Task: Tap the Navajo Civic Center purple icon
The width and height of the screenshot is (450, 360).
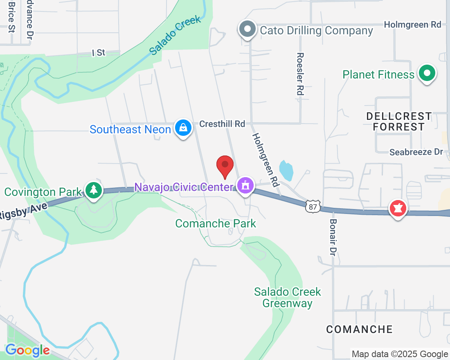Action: pyautogui.click(x=245, y=186)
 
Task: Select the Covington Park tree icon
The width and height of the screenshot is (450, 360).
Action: pyautogui.click(x=94, y=189)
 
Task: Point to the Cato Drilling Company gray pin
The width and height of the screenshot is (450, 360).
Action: pyautogui.click(x=247, y=29)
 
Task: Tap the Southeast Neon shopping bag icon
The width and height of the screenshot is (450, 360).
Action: pyautogui.click(x=183, y=128)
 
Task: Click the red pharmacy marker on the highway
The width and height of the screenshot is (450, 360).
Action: pyautogui.click(x=397, y=208)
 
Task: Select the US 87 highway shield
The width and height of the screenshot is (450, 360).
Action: pyautogui.click(x=313, y=207)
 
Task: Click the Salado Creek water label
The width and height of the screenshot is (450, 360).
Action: pyautogui.click(x=175, y=36)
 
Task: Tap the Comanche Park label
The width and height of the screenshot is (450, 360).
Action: pyautogui.click(x=216, y=223)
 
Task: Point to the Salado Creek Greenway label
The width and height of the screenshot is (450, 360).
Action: pyautogui.click(x=288, y=297)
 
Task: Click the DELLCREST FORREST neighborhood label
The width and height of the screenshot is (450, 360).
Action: pyautogui.click(x=399, y=122)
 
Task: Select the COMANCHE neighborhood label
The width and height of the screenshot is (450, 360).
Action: pyautogui.click(x=360, y=329)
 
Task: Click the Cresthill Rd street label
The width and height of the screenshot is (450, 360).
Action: pyautogui.click(x=222, y=124)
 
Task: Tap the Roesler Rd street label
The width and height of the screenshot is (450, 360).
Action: pyautogui.click(x=300, y=74)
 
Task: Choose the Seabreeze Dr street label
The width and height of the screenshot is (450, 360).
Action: pyautogui.click(x=416, y=152)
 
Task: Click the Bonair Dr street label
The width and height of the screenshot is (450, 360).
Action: pyautogui.click(x=333, y=237)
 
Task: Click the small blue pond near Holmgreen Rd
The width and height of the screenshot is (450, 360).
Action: pyautogui.click(x=286, y=170)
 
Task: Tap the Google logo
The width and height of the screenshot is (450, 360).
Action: pyautogui.click(x=27, y=350)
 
